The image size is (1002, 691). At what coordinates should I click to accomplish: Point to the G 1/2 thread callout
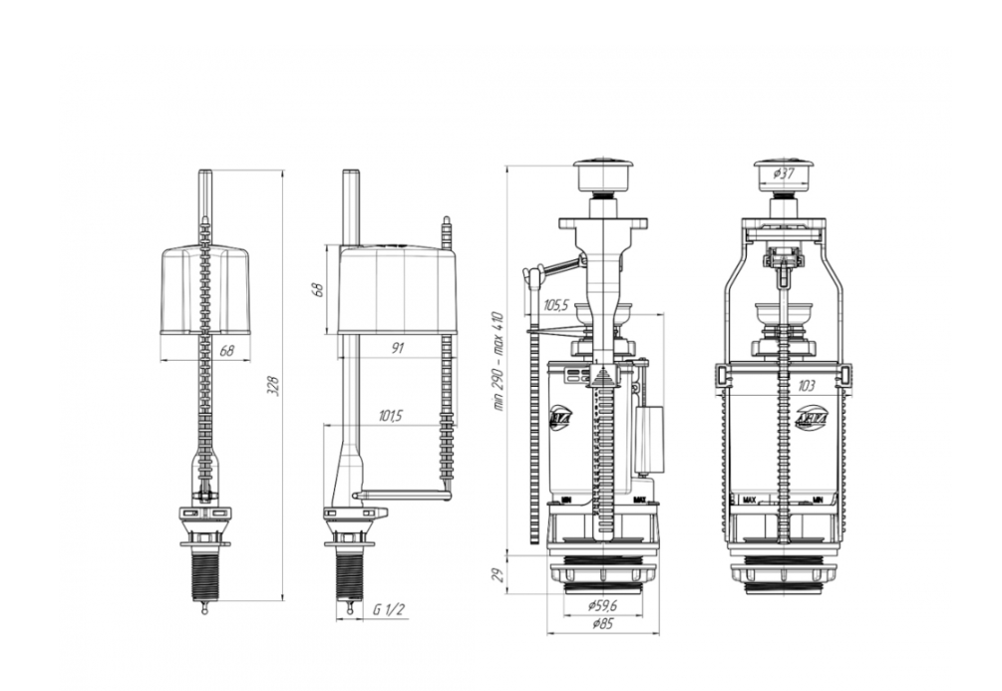[x=390, y=608]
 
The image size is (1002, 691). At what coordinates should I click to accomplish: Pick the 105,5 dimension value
[x=556, y=306]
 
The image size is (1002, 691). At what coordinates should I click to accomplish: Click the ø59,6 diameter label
[x=600, y=605]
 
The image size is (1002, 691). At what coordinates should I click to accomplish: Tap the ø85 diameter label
[x=600, y=624]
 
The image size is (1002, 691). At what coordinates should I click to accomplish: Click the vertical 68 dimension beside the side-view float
[x=319, y=289]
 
